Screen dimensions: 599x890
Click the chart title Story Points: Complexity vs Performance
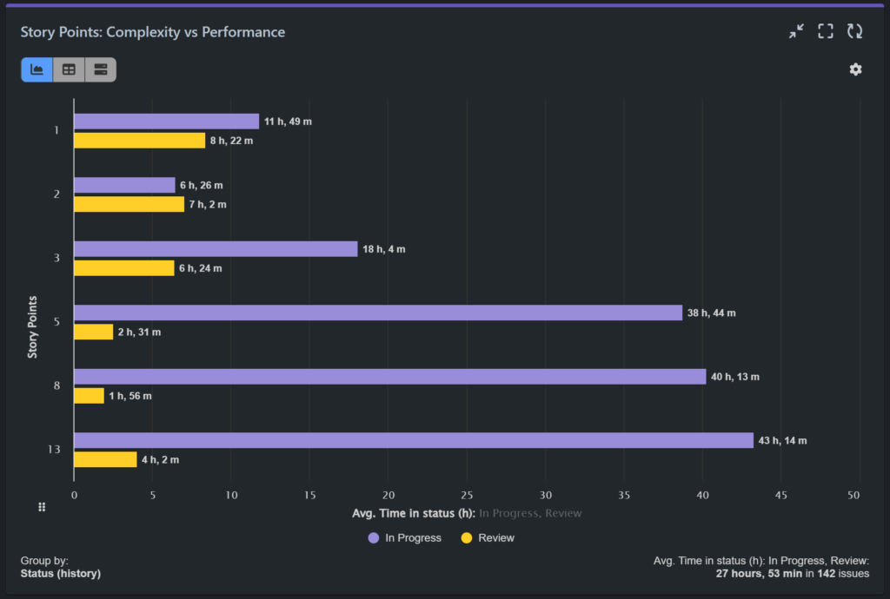coord(153,32)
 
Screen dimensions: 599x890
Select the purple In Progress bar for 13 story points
coord(413,440)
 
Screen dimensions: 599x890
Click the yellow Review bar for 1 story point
coord(139,141)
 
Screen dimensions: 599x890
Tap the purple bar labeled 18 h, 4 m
coord(216,249)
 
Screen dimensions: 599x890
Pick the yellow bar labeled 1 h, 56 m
coord(89,396)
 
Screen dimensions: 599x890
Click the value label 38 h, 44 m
coord(711,313)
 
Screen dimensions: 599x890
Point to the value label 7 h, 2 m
coord(206,205)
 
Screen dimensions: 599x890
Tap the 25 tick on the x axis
coord(467,496)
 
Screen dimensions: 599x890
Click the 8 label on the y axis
coord(56,385)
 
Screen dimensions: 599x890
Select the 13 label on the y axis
coord(54,450)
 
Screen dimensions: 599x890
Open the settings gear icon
coord(855,69)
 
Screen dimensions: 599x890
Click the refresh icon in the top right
coord(855,31)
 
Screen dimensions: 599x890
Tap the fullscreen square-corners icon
coord(826,31)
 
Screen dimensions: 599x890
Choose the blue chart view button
coord(37,69)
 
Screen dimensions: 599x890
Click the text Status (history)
coord(61,574)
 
